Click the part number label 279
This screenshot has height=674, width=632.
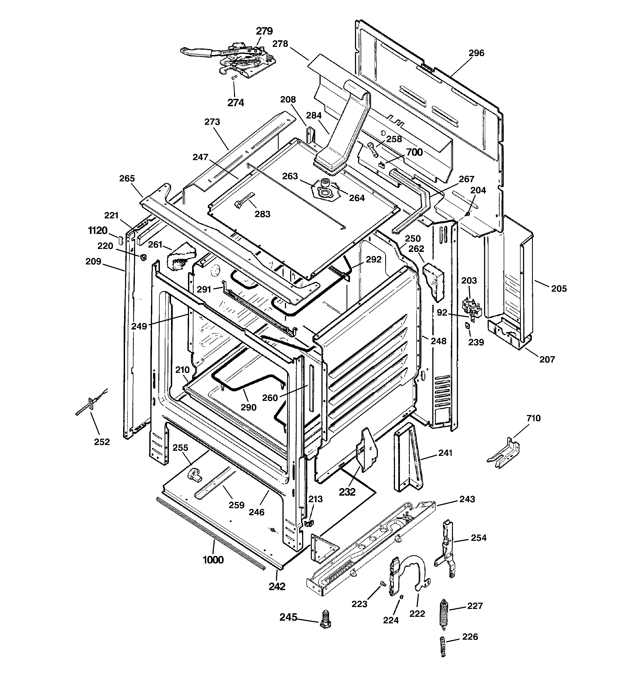click(x=264, y=31)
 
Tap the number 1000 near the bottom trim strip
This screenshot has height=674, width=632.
click(x=213, y=560)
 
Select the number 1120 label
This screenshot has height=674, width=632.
click(x=98, y=231)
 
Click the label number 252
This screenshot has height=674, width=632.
click(x=102, y=442)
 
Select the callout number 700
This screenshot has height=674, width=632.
click(x=414, y=152)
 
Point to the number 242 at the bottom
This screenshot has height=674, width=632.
click(x=277, y=586)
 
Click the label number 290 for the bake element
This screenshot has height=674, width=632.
click(x=248, y=407)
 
